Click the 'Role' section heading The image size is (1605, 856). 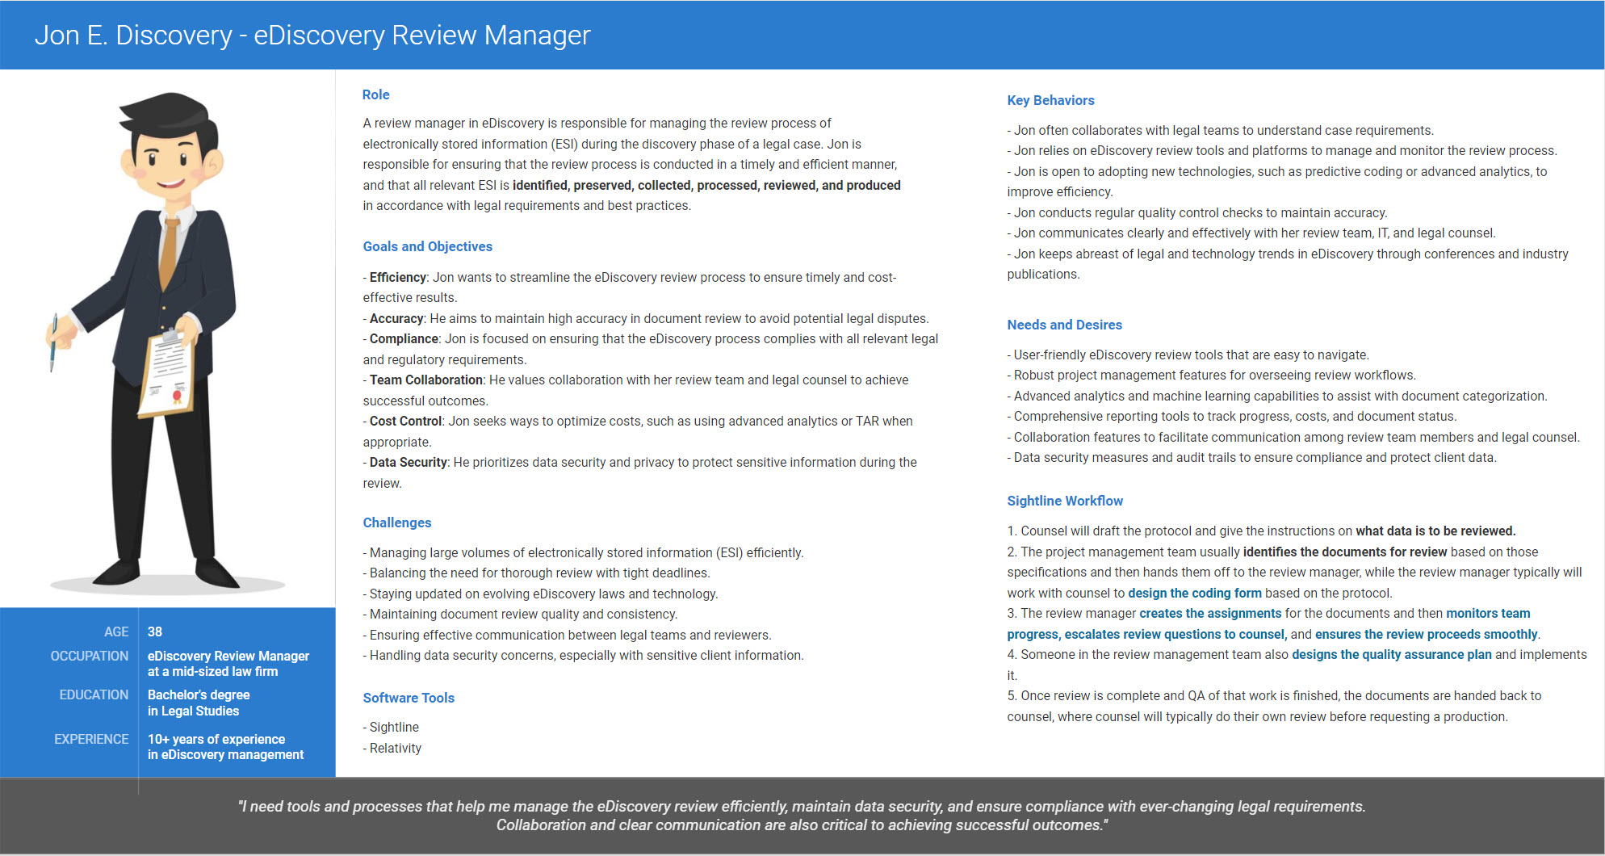(x=375, y=94)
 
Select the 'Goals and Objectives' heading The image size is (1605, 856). (x=427, y=246)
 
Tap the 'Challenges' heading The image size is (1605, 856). (x=396, y=522)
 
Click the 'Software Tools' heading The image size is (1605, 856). (x=409, y=698)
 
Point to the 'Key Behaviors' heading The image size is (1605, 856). (x=1050, y=100)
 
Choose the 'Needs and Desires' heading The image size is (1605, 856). (x=1064, y=325)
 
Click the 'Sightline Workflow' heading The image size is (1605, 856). (x=1064, y=501)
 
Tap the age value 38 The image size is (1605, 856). (x=155, y=632)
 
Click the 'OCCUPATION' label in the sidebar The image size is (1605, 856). (x=90, y=656)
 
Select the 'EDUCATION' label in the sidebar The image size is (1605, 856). (x=94, y=694)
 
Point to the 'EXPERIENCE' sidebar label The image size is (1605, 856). (x=91, y=739)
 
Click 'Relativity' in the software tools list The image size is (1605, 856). (x=396, y=748)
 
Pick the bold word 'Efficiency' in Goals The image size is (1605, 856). (x=397, y=277)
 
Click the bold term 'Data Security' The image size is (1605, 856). (x=408, y=462)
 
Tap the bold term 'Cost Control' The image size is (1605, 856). (x=405, y=421)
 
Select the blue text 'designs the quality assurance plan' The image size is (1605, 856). (x=1391, y=654)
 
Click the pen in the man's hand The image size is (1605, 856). (x=53, y=342)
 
